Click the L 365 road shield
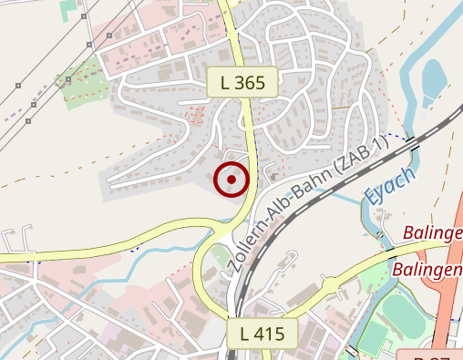point(242,83)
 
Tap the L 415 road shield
point(262,334)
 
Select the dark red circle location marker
point(231,180)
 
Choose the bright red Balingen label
point(427,271)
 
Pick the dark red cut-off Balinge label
point(433,232)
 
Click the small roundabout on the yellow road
point(219,230)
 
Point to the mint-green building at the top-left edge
point(69,9)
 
